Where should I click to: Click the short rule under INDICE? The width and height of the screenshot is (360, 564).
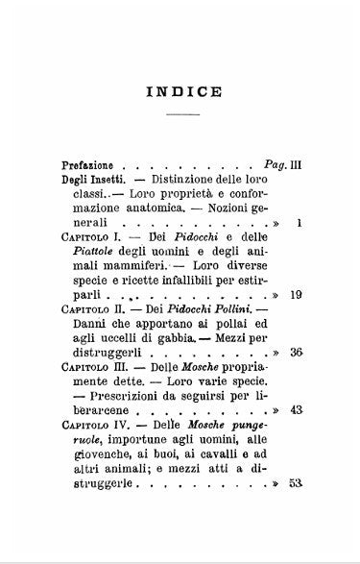[183, 114]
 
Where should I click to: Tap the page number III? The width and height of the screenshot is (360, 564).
[296, 164]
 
